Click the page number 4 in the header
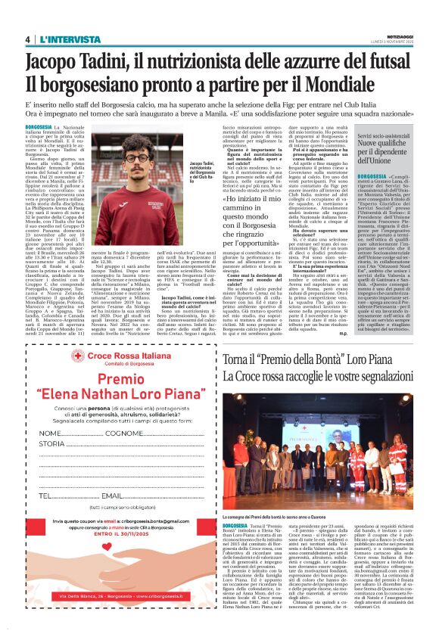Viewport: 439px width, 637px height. click(x=28, y=39)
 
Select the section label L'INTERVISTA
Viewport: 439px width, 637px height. click(x=70, y=39)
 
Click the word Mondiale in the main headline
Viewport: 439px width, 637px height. click(x=368, y=82)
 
